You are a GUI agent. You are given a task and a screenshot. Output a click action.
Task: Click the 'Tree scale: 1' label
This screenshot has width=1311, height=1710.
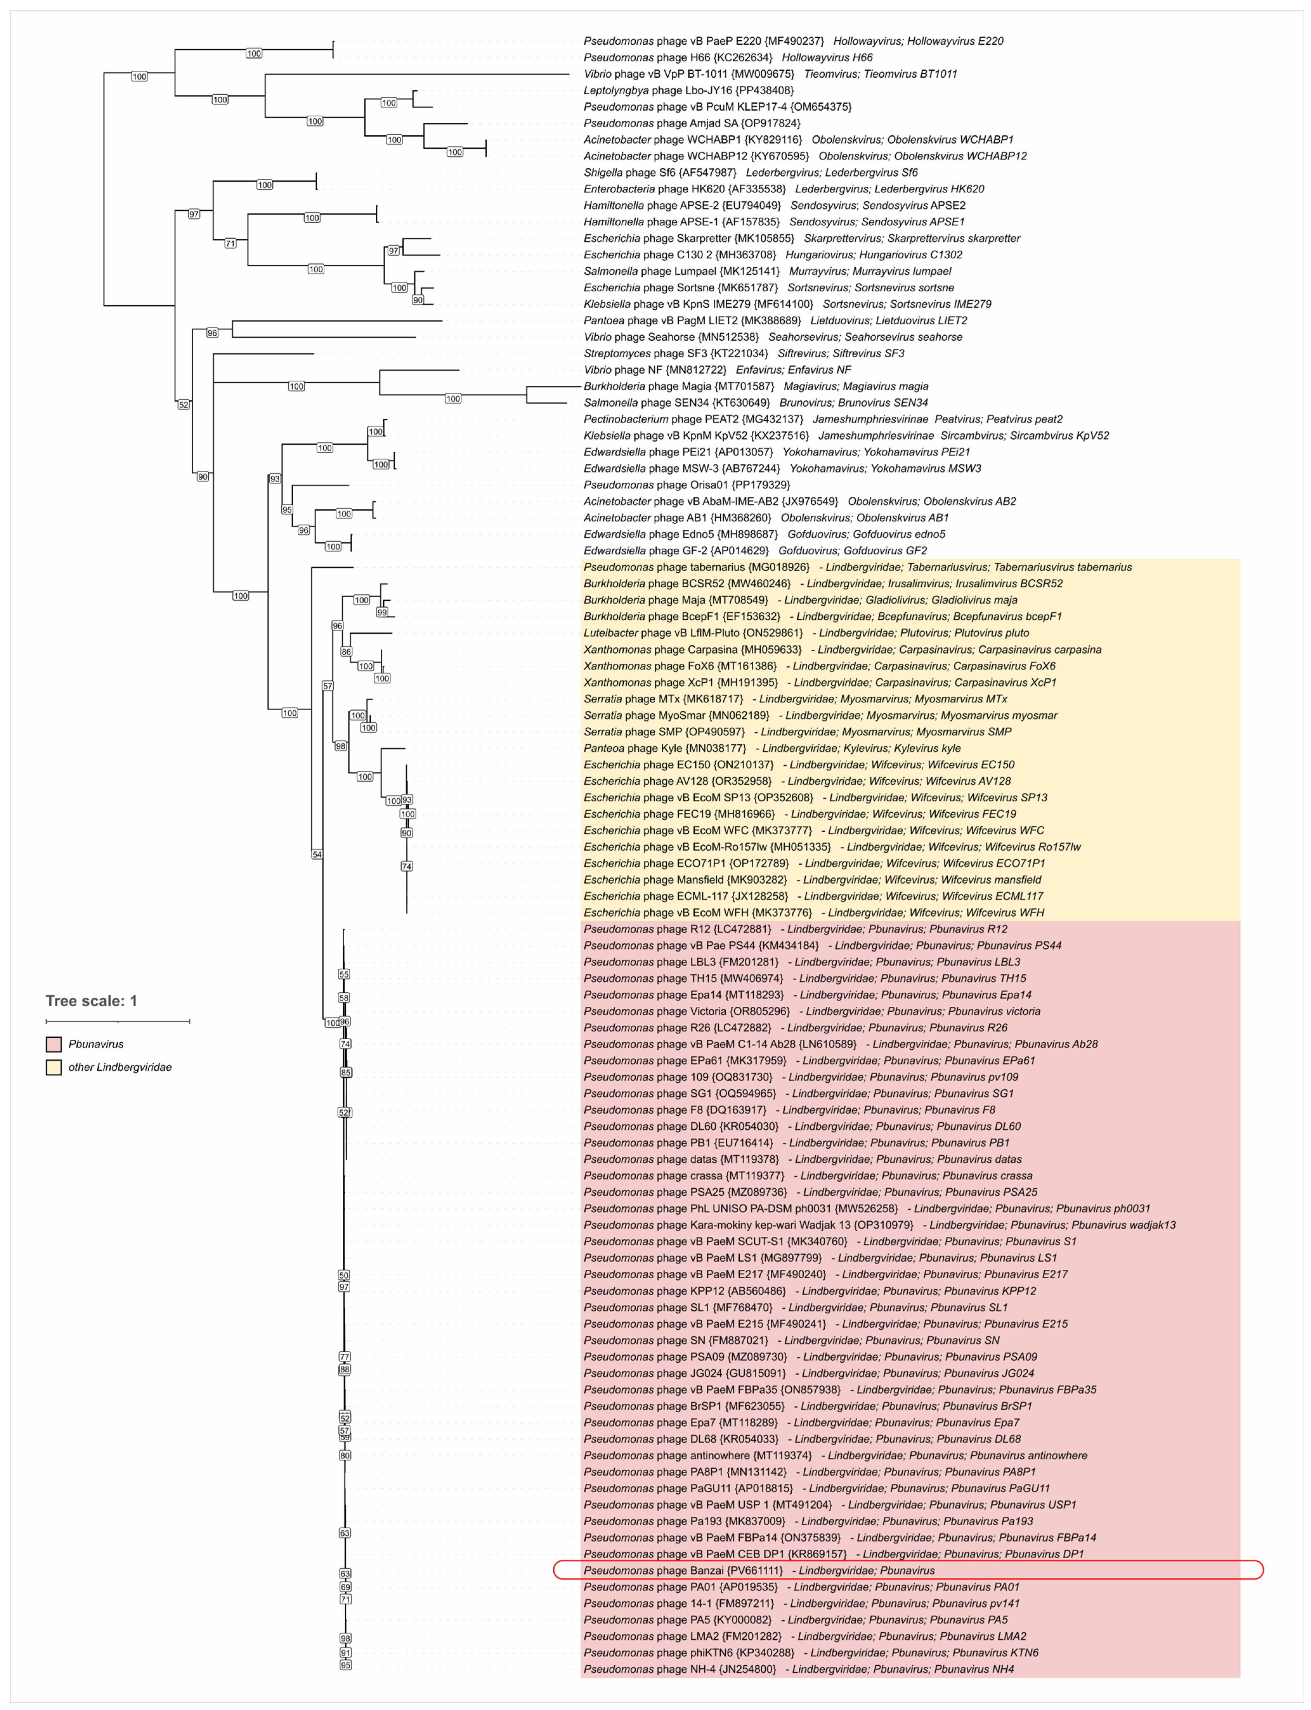coord(91,1001)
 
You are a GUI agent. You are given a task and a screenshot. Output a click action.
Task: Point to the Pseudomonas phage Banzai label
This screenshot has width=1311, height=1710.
coord(683,1570)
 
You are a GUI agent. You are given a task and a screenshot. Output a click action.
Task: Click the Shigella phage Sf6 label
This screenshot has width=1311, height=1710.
coord(659,172)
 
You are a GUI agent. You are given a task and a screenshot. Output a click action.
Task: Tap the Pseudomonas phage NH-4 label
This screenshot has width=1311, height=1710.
coord(680,1669)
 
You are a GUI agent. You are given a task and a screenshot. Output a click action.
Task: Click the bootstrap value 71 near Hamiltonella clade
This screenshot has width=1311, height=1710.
coord(230,243)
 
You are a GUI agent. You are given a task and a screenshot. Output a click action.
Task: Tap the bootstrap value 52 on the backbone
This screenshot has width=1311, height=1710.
coord(183,405)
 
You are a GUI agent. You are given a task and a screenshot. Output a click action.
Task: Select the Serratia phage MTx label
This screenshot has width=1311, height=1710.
coord(663,699)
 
